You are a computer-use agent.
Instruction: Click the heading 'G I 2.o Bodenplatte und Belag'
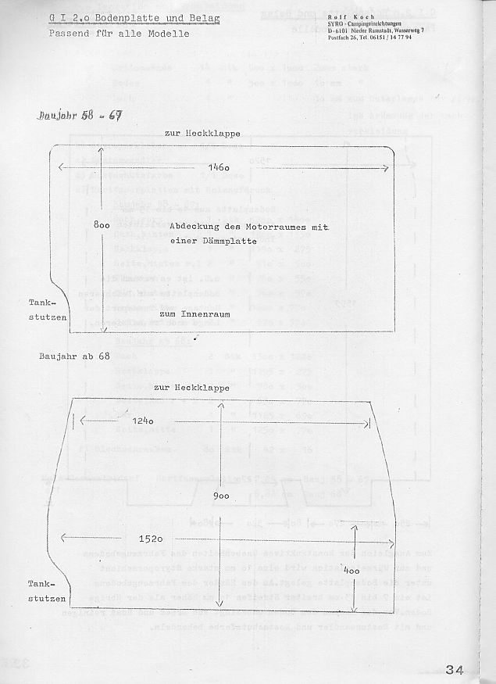coord(134,18)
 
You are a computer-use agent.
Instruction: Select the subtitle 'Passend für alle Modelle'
coord(119,34)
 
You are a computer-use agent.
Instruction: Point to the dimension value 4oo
coord(352,571)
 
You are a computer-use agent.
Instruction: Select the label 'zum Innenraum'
coord(191,313)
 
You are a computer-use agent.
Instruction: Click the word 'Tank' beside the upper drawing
coord(41,303)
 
